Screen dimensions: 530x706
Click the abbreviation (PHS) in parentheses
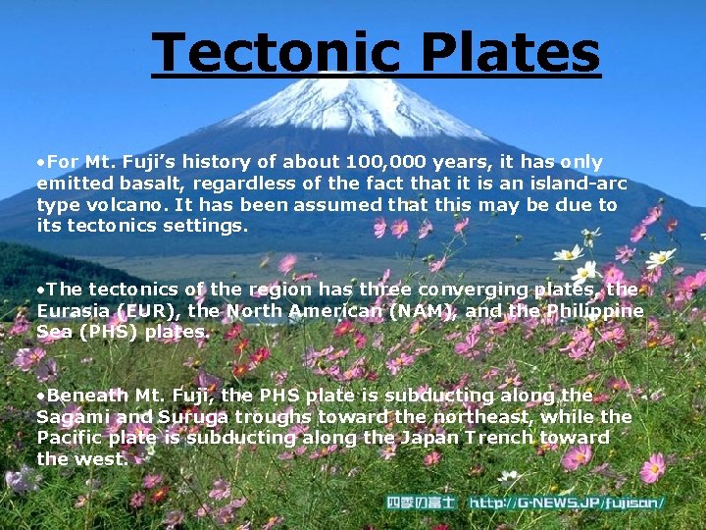(105, 332)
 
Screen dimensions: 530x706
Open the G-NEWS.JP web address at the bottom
(566, 503)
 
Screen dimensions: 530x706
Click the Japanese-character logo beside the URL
(421, 503)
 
